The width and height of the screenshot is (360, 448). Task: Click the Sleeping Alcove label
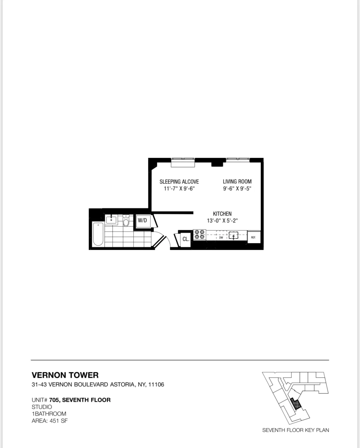pos(179,182)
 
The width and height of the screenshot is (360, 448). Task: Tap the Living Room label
pos(237,182)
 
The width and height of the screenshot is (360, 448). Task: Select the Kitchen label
pos(222,214)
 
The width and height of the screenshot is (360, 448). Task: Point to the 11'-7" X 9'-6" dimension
pos(179,189)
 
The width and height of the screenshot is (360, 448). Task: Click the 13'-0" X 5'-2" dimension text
pos(222,221)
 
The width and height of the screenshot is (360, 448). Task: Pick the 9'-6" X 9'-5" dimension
pos(237,189)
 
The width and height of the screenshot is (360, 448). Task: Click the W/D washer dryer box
pos(142,221)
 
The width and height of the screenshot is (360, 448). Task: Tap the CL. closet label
pos(186,239)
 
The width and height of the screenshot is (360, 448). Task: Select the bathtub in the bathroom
pos(98,234)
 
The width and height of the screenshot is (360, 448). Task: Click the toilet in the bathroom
pos(126,221)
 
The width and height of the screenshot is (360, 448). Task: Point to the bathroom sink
pos(111,220)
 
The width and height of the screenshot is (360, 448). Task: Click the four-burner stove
pos(199,235)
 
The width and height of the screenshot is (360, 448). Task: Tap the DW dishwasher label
pos(221,237)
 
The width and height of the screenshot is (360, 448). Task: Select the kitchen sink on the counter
pos(234,236)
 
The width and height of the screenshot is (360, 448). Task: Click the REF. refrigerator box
pos(254,237)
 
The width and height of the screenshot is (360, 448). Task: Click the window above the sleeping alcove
pos(183,162)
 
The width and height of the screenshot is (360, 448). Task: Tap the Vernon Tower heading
pos(65,375)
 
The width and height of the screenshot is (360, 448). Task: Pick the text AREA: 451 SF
pos(50,421)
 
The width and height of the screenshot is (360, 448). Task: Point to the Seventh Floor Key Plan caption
pos(295,430)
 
